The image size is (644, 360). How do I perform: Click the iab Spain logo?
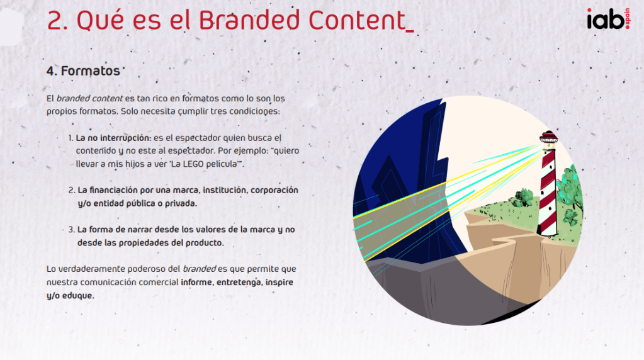[x=608, y=19]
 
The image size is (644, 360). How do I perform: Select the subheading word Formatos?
[x=91, y=71]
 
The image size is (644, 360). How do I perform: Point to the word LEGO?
[x=193, y=164]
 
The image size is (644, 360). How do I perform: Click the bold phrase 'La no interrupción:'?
[x=114, y=138]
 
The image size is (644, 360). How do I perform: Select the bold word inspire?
[x=280, y=283]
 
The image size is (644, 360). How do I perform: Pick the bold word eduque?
[x=77, y=296]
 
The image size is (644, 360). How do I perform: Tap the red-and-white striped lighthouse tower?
[x=549, y=193]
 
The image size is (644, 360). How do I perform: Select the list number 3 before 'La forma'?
[x=71, y=230]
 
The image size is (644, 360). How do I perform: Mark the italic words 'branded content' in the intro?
[x=89, y=99]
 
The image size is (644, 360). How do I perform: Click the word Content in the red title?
[x=356, y=20]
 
